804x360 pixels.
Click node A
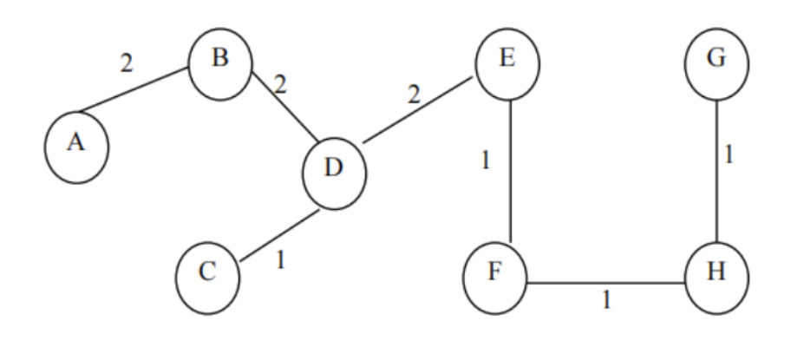(76, 145)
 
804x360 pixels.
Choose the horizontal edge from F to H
(605, 283)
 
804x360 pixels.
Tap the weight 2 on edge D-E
(414, 93)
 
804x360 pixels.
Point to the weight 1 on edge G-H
(729, 156)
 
